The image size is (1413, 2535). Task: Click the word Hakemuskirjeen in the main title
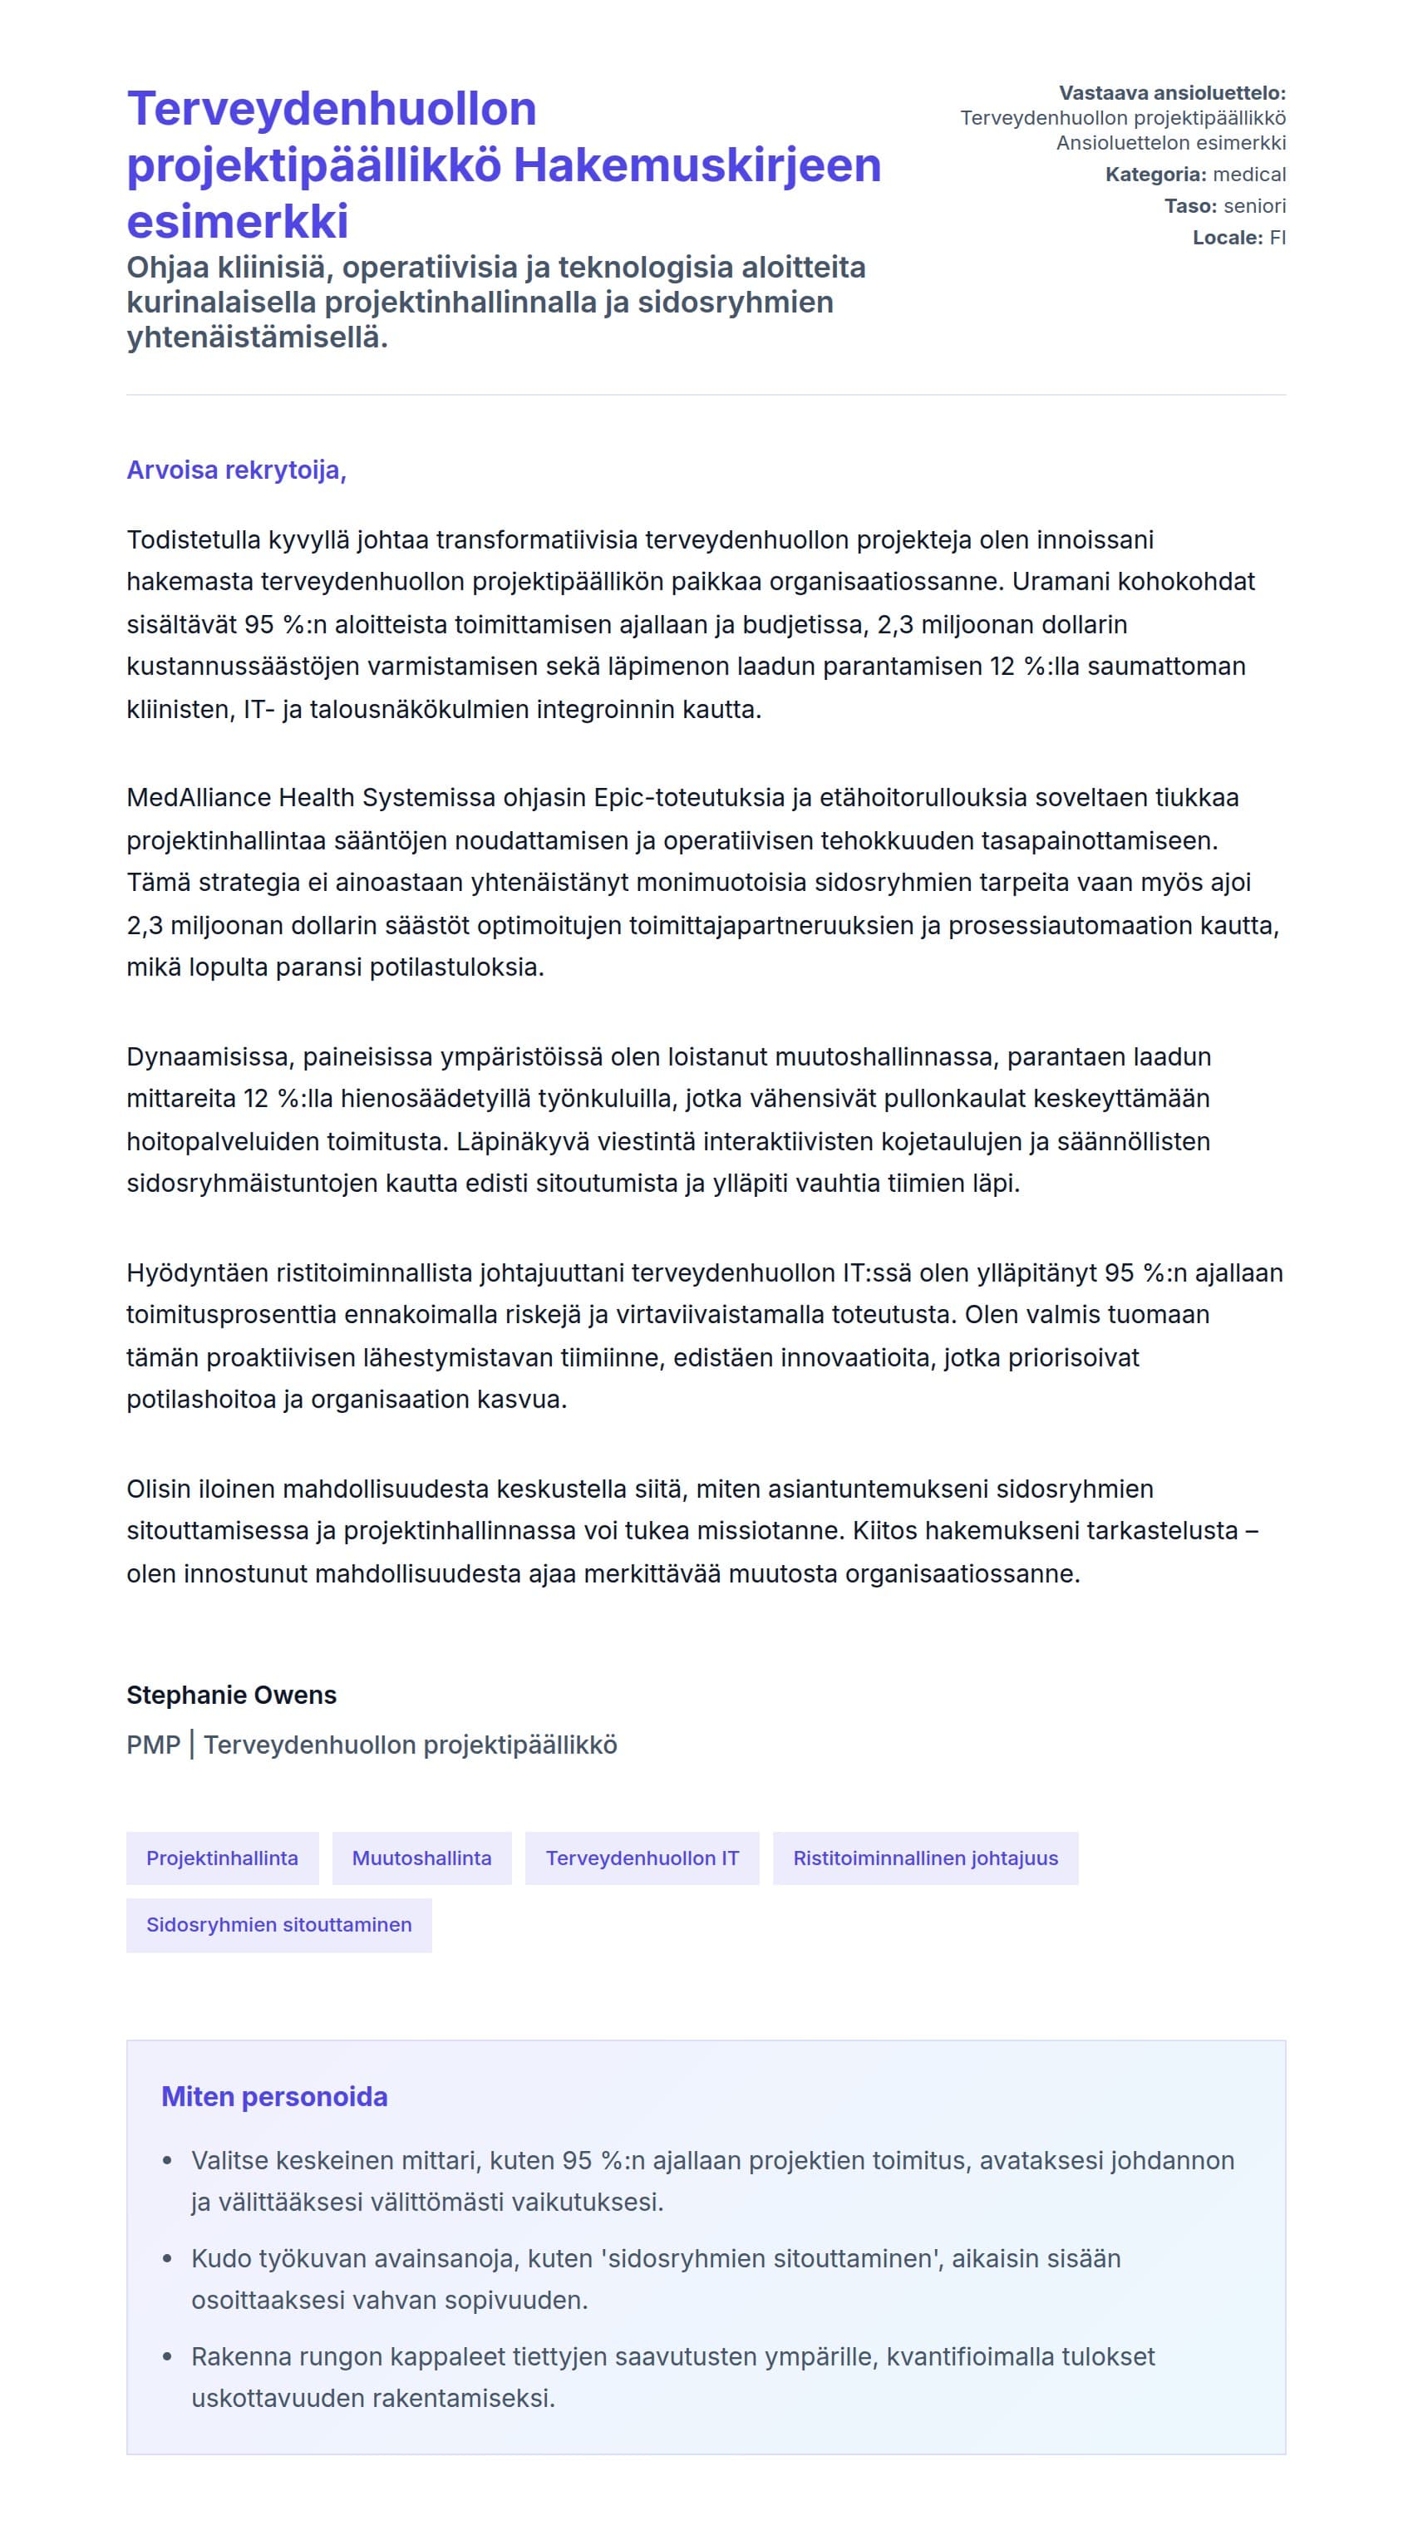(x=697, y=165)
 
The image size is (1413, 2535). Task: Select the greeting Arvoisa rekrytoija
(x=236, y=470)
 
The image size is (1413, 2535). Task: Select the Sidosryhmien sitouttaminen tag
(x=278, y=1925)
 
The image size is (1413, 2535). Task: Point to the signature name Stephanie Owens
(x=231, y=1695)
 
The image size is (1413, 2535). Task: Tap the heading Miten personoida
(x=274, y=2096)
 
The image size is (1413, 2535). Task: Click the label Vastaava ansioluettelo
(x=1171, y=93)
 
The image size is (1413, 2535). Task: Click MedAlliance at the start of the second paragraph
(x=198, y=797)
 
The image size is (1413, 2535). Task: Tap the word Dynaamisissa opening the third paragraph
(x=209, y=1057)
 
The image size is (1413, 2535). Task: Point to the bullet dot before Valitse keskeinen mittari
(x=167, y=2161)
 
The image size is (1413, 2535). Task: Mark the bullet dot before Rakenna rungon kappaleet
(x=167, y=2357)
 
